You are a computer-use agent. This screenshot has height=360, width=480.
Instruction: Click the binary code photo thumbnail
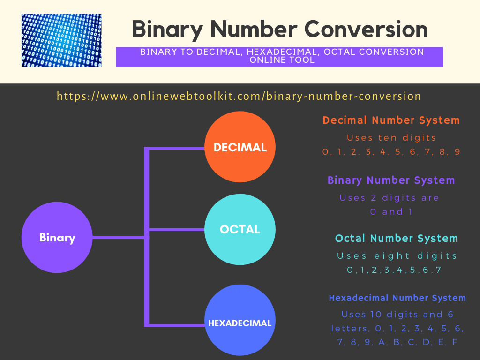[x=61, y=40]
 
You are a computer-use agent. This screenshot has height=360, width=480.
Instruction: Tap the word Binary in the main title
[x=167, y=30]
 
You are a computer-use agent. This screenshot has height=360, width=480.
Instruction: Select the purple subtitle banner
[x=279, y=57]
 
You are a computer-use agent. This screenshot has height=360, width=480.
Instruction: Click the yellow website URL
[x=239, y=96]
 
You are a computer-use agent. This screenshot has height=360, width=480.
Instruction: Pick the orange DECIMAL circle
[x=240, y=147]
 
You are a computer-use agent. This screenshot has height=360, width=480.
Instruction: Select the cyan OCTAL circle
[x=240, y=229]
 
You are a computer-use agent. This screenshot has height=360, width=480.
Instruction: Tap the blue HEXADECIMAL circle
[x=240, y=320]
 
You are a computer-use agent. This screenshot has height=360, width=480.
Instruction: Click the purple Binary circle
[x=57, y=237]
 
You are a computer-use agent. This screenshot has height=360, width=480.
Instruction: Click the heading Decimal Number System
[x=391, y=120]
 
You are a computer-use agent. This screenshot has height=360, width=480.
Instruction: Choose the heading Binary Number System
[x=391, y=180]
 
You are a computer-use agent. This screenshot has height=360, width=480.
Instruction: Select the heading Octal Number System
[x=397, y=238]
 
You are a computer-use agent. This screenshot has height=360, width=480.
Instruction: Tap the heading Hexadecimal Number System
[x=397, y=298]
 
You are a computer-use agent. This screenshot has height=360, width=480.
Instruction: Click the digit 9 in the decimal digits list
[x=457, y=152]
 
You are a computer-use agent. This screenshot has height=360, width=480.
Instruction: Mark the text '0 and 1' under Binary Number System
[x=391, y=212]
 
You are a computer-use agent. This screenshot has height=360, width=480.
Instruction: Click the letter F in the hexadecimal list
[x=455, y=342]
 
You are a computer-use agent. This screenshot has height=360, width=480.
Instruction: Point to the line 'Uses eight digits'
[x=397, y=256]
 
